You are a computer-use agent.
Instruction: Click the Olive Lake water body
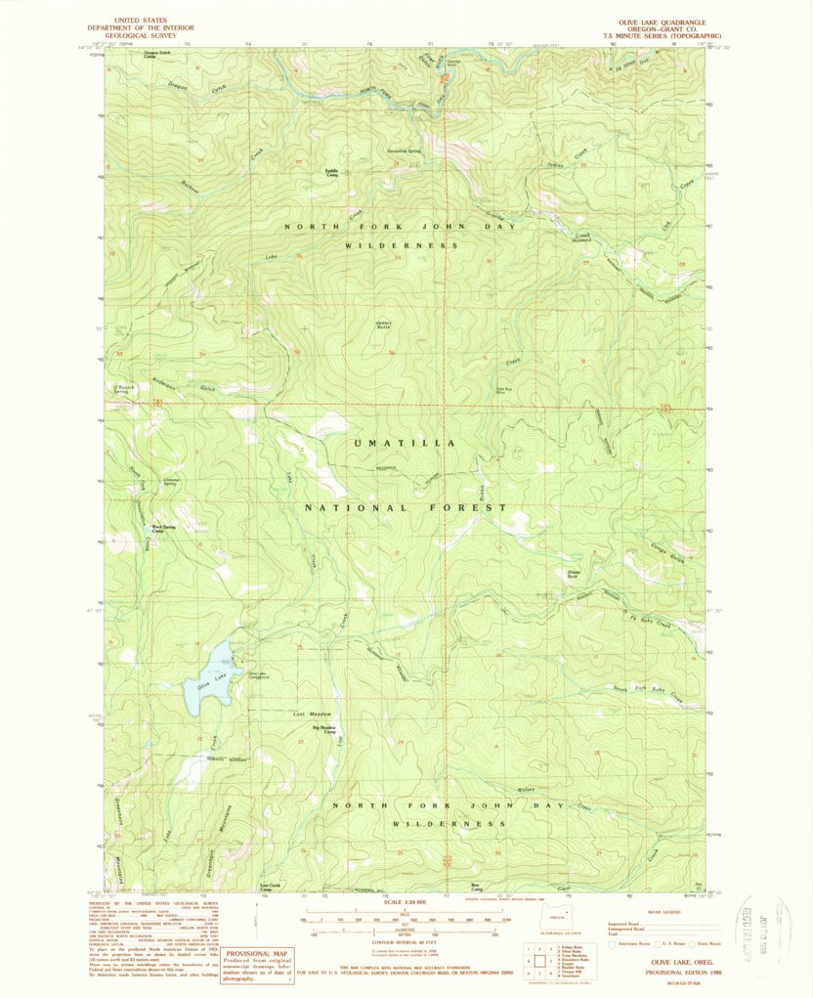tap(209, 675)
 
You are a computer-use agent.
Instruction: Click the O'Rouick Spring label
tap(124, 389)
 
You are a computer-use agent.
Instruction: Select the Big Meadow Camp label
tap(323, 729)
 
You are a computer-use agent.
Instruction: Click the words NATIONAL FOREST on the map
tap(405, 508)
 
